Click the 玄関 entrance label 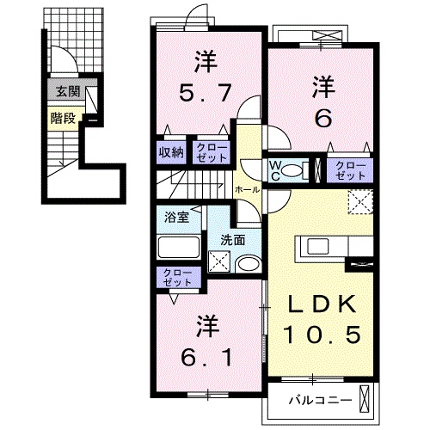[63, 90]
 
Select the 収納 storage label [170, 152]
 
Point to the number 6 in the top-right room [322, 119]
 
